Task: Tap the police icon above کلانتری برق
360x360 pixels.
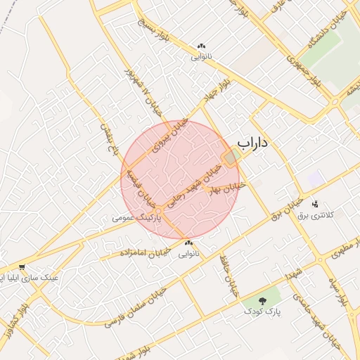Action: (x=314, y=204)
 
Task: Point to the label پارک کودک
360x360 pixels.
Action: (x=259, y=311)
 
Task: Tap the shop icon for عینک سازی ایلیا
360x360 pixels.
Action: (x=23, y=267)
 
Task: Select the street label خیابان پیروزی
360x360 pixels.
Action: (x=173, y=132)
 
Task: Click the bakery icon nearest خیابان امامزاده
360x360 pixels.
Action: (x=188, y=243)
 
